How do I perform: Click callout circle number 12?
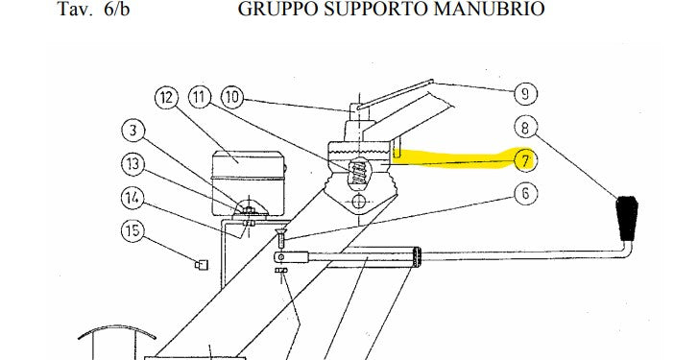pyautogui.click(x=166, y=97)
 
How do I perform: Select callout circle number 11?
pyautogui.click(x=200, y=97)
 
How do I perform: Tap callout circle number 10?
pyautogui.click(x=231, y=97)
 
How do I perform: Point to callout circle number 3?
pyautogui.click(x=134, y=130)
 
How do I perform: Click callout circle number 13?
pyautogui.click(x=134, y=163)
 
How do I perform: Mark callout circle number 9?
pyautogui.click(x=524, y=93)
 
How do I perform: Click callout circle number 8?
pyautogui.click(x=524, y=126)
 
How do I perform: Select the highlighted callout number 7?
pyautogui.click(x=524, y=159)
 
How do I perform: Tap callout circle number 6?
pyautogui.click(x=524, y=193)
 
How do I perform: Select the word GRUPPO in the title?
pyautogui.click(x=272, y=10)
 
